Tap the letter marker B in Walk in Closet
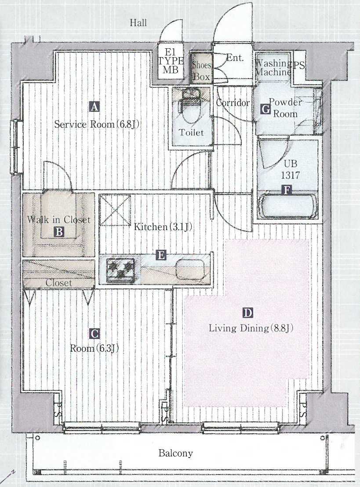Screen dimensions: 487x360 tap(59, 231)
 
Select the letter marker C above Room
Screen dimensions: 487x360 tap(95, 334)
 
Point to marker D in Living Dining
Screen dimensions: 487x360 tap(248, 313)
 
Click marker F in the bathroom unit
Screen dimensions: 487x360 tap(288, 190)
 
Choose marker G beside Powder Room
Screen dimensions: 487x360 tap(265, 108)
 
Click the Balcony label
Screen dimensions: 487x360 tap(175, 453)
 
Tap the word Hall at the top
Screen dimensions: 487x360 tap(138, 23)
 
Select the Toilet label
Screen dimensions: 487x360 tap(191, 132)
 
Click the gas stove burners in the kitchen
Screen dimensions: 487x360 tap(120, 268)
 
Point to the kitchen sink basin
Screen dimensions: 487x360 tap(190, 268)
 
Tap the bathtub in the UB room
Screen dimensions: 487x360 tap(288, 206)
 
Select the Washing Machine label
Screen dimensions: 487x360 tap(273, 68)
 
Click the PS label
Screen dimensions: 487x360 tap(299, 65)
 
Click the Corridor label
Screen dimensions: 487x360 tap(233, 103)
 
